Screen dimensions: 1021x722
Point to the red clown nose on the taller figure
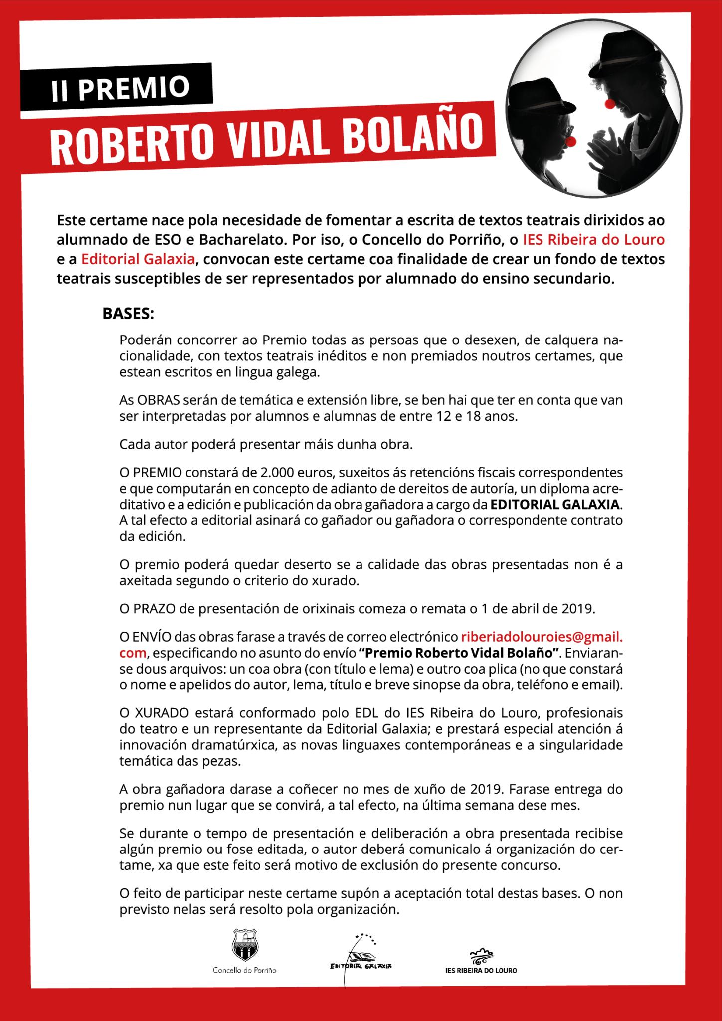pyautogui.click(x=609, y=103)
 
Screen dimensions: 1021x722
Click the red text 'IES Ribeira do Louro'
pyautogui.click(x=593, y=240)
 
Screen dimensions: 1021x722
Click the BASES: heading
pyautogui.click(x=128, y=315)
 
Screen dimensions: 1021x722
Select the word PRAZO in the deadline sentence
pyautogui.click(x=151, y=609)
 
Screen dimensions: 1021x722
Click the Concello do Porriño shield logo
pyautogui.click(x=244, y=944)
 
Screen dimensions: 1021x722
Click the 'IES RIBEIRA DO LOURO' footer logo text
pyautogui.click(x=481, y=970)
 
